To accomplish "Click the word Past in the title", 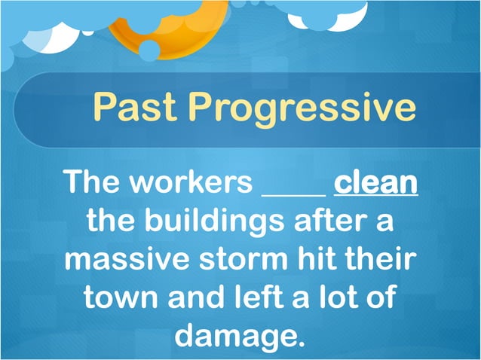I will point(136,108).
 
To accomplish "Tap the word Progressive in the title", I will point(302,109).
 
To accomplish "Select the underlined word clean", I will point(375,183).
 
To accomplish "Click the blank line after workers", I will point(293,193).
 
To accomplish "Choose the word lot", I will point(345,297).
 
